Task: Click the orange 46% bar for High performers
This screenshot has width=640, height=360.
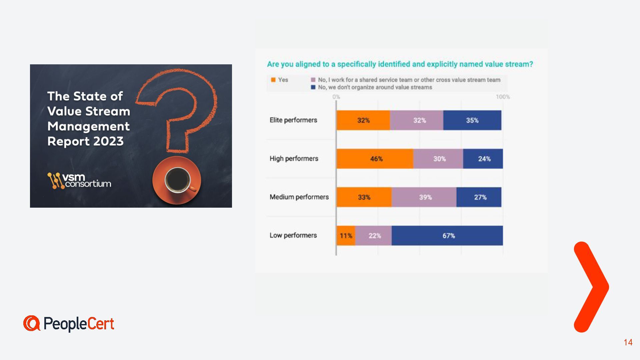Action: [375, 159]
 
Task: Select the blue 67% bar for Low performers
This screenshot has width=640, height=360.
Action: [447, 236]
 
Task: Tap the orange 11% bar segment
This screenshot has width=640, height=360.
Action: [346, 236]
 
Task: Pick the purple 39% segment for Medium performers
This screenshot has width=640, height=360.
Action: [424, 197]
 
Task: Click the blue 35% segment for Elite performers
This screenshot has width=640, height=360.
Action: [472, 120]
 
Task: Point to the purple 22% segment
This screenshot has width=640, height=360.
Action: [374, 236]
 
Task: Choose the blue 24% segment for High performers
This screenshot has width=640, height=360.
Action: [483, 159]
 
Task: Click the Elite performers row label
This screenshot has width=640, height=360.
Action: [293, 120]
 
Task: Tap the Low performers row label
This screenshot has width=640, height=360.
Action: [293, 235]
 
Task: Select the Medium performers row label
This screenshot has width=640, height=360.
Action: [299, 197]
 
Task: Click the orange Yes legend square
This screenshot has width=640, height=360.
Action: [273, 80]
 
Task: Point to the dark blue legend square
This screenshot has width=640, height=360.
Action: [313, 87]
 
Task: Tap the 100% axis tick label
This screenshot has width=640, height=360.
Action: [503, 97]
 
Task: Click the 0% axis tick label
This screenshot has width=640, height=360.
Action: [336, 97]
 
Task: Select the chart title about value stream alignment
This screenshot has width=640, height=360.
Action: [400, 64]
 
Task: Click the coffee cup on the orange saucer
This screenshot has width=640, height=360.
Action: [178, 180]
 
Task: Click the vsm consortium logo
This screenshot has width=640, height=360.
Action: [79, 181]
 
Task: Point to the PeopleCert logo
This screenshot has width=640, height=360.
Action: [69, 324]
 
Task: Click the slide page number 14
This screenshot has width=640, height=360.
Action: [628, 342]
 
